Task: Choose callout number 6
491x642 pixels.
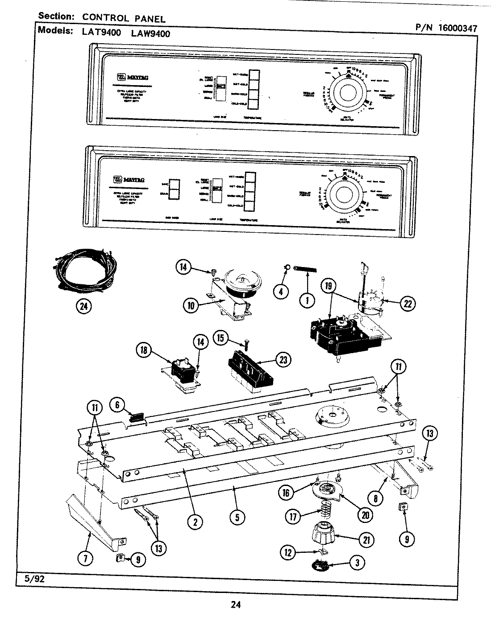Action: point(117,404)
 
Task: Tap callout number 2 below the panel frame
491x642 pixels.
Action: point(195,521)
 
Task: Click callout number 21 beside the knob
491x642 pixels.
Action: point(366,539)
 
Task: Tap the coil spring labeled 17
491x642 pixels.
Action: point(325,509)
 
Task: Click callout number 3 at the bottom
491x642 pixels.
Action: point(356,563)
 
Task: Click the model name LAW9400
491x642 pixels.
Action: point(151,33)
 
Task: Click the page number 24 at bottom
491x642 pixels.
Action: point(236,605)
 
